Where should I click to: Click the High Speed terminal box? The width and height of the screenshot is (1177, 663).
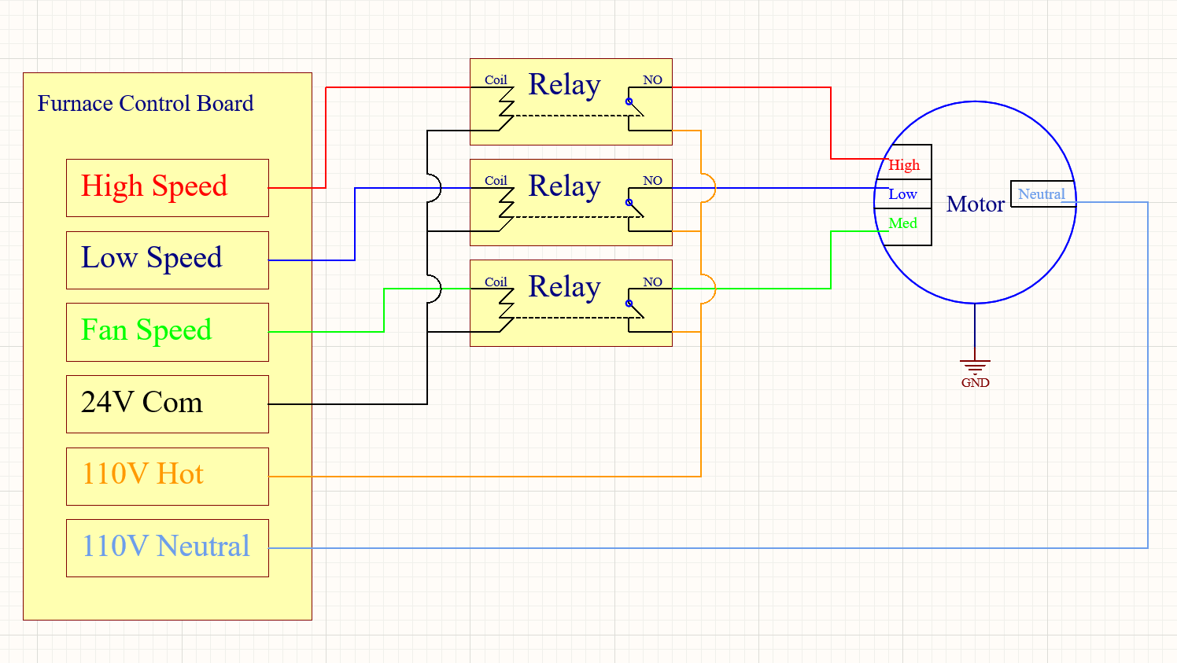click(x=168, y=188)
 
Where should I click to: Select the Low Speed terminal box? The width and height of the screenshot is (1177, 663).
click(x=168, y=260)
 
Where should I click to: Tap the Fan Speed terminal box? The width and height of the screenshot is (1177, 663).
click(x=168, y=332)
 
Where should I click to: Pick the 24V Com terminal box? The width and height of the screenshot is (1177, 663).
click(x=168, y=403)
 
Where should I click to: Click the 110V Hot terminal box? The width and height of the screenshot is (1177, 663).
click(x=168, y=476)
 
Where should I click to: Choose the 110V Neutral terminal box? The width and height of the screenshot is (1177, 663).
click(x=168, y=547)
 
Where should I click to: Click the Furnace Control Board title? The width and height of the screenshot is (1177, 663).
click(x=146, y=104)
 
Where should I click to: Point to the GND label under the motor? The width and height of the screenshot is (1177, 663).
click(x=975, y=383)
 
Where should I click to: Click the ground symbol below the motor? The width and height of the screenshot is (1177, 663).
click(x=975, y=366)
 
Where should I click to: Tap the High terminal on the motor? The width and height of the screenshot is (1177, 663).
click(x=904, y=165)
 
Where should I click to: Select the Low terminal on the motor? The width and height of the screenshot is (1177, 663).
click(x=903, y=194)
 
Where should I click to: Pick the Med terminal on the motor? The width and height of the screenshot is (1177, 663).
click(x=903, y=223)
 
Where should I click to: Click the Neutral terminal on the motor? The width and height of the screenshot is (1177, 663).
click(x=1042, y=194)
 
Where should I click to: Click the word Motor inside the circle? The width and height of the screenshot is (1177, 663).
click(x=976, y=204)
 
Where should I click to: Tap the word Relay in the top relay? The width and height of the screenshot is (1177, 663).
click(x=564, y=85)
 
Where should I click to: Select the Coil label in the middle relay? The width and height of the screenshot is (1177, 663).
click(x=496, y=181)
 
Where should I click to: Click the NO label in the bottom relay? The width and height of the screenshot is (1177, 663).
click(x=652, y=282)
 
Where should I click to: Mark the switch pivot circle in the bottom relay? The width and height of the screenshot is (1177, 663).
click(x=629, y=304)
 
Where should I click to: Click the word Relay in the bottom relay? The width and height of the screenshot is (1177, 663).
click(x=564, y=287)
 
